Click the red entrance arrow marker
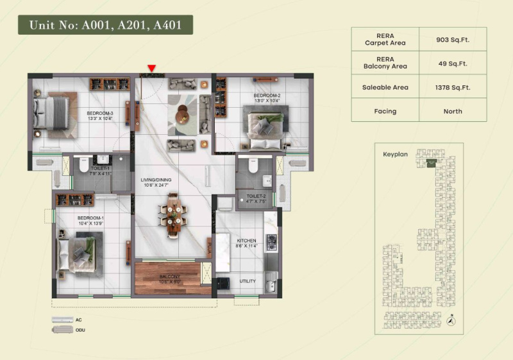pos(152,68)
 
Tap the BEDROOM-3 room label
pos(100,116)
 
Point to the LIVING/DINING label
pos(158,182)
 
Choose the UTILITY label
pos(247,281)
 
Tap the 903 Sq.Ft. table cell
pos(453,39)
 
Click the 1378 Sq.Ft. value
pos(453,87)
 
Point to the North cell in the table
pos(453,111)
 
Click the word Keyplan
pos(395,155)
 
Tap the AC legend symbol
pos(63,319)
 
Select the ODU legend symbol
pos(63,329)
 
